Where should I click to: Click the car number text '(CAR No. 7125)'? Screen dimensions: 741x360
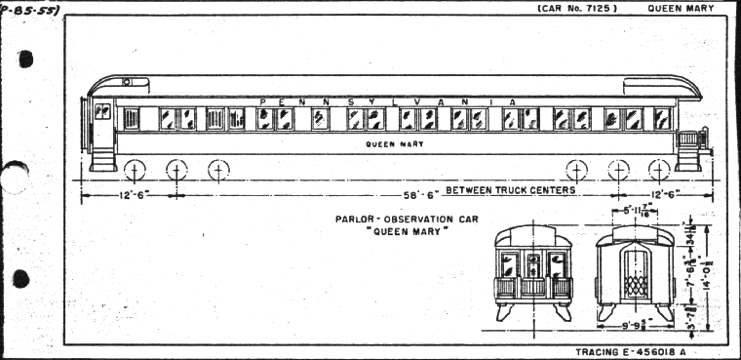(576, 9)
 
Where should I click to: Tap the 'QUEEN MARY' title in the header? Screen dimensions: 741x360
(681, 9)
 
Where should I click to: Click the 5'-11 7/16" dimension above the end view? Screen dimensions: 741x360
(637, 208)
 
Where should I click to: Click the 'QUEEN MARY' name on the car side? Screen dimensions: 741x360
(388, 144)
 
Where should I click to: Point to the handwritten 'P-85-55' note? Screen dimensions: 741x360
(29, 10)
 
